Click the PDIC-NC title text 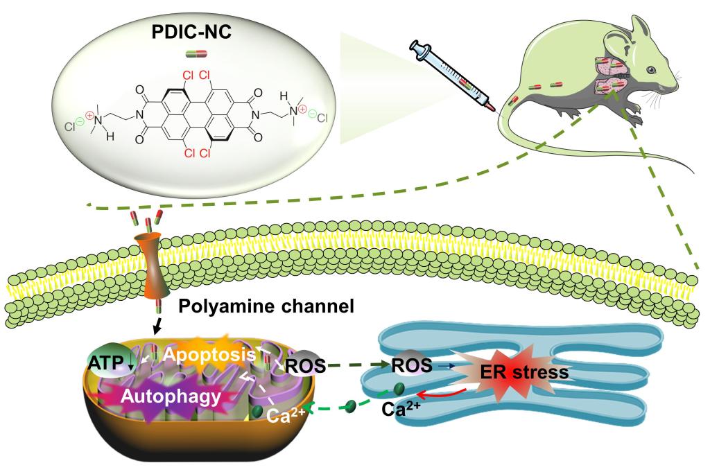pos(193,33)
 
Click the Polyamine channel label pos(256,306)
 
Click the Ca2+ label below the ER pos(400,408)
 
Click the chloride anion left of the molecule pos(71,127)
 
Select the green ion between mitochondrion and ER pos(351,405)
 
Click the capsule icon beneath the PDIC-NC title pos(193,53)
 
